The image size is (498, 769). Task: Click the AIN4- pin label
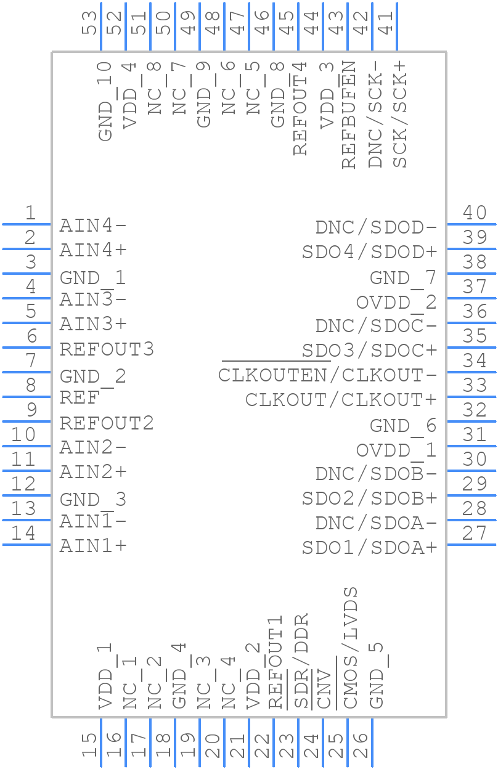click(93, 226)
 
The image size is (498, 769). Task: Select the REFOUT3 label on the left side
click(107, 349)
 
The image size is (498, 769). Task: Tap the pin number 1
click(30, 213)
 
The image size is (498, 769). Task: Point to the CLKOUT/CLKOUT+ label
click(341, 400)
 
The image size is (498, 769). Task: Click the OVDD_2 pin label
click(396, 303)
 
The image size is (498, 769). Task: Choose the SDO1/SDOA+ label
click(369, 547)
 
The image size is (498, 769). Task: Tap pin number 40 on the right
click(475, 213)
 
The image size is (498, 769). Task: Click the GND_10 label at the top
click(105, 101)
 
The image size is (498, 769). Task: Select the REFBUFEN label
click(349, 115)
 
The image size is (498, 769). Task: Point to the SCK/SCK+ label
click(400, 115)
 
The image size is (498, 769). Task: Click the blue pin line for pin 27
click(471, 544)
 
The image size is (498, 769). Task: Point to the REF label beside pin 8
click(79, 399)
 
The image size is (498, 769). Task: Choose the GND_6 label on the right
click(403, 425)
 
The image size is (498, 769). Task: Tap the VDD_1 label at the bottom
click(105, 676)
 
